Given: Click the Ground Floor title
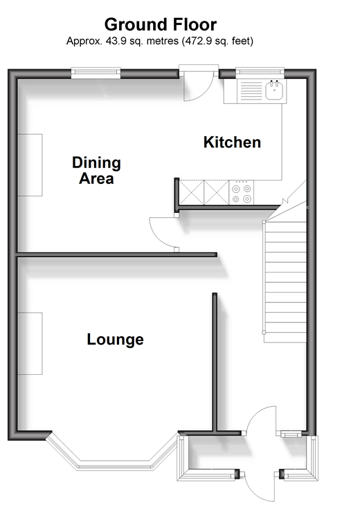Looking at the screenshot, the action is pyautogui.click(x=161, y=25).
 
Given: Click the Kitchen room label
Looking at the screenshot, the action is pyautogui.click(x=232, y=142).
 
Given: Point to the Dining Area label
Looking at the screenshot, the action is pyautogui.click(x=96, y=170).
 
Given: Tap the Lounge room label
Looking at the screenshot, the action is pyautogui.click(x=115, y=340).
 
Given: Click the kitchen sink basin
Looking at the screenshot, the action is pyautogui.click(x=276, y=89).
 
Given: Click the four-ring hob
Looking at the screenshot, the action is pyautogui.click(x=242, y=193).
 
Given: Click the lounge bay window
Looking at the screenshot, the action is pyautogui.click(x=112, y=452).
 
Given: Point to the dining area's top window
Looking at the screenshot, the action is pyautogui.click(x=96, y=73).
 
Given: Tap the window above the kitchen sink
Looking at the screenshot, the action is pyautogui.click(x=260, y=73).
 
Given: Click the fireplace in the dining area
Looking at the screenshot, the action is pyautogui.click(x=30, y=165).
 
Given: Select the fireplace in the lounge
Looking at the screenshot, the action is pyautogui.click(x=30, y=343).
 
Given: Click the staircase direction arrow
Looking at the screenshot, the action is pyautogui.click(x=285, y=201).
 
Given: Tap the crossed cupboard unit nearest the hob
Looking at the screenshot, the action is pyautogui.click(x=217, y=193).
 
